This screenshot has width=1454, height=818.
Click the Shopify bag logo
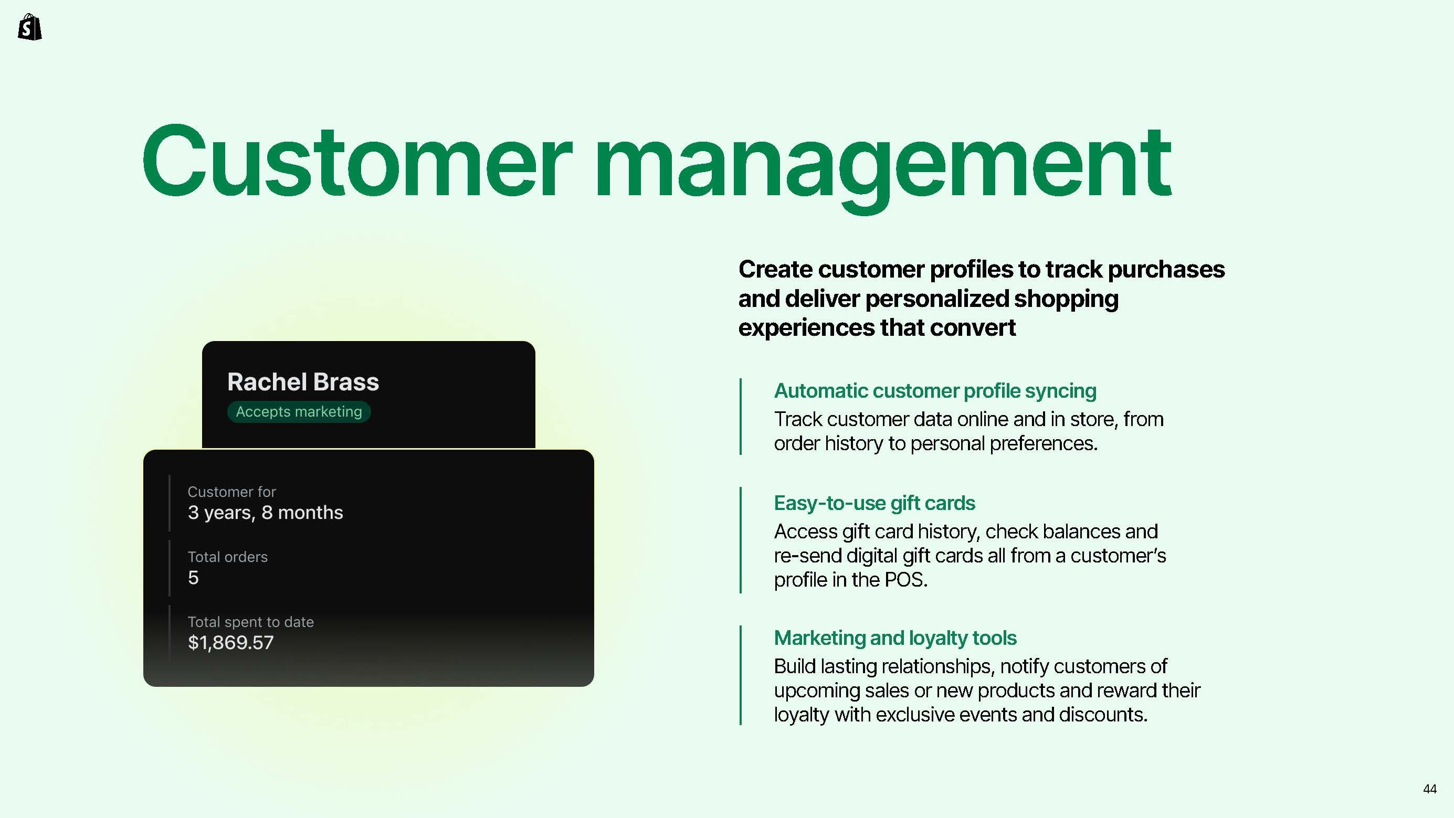pyautogui.click(x=30, y=27)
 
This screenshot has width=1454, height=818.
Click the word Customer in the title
pyautogui.click(x=357, y=162)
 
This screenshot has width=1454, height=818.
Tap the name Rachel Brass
pyautogui.click(x=303, y=382)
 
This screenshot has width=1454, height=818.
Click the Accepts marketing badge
pyautogui.click(x=299, y=411)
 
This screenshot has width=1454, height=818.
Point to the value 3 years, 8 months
pyautogui.click(x=265, y=512)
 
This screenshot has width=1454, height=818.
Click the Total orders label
pyautogui.click(x=227, y=557)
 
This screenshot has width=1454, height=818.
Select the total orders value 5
pyautogui.click(x=193, y=578)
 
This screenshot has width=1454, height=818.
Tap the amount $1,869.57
pyautogui.click(x=231, y=643)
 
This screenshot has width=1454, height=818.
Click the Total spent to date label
pyautogui.click(x=250, y=622)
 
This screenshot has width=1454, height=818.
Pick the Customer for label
pyautogui.click(x=231, y=492)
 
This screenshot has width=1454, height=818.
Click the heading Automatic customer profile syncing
pyautogui.click(x=935, y=391)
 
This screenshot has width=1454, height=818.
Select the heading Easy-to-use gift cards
pyautogui.click(x=874, y=503)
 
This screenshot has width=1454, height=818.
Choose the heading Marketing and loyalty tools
pyautogui.click(x=895, y=638)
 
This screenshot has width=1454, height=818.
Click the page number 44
pyautogui.click(x=1430, y=789)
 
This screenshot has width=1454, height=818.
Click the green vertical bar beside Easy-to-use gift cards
pyautogui.click(x=741, y=540)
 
